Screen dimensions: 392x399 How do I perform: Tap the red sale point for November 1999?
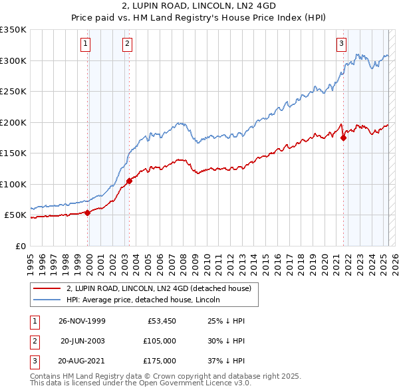coord(88,213)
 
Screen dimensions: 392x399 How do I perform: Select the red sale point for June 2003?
coord(129,181)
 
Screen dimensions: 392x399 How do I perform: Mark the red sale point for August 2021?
coord(344,138)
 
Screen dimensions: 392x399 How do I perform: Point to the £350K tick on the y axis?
coord(13,30)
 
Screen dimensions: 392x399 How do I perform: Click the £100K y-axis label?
coord(13,184)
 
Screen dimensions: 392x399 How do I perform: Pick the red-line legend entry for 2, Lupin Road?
coord(158,288)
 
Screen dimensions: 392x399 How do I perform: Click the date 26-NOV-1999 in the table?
coord(82,321)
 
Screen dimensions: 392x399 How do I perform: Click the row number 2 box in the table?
coord(33,341)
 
